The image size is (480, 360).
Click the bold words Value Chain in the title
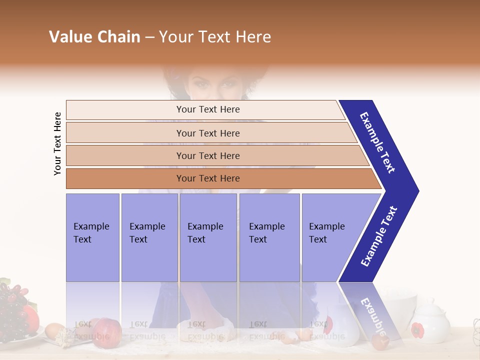(x=94, y=37)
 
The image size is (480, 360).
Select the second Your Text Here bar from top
(x=207, y=133)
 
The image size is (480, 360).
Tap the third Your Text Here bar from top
(x=207, y=155)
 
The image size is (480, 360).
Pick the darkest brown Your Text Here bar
(x=207, y=178)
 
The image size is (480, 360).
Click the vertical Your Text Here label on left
(x=57, y=143)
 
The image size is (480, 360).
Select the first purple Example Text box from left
(x=92, y=237)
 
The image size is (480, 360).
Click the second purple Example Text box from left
(x=149, y=237)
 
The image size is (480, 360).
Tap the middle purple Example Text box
(x=208, y=237)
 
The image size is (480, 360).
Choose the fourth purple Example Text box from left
(x=269, y=237)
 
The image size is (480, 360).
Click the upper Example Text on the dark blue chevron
(x=377, y=142)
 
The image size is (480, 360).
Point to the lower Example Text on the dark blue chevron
(x=379, y=236)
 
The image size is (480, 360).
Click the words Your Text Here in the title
(x=215, y=37)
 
